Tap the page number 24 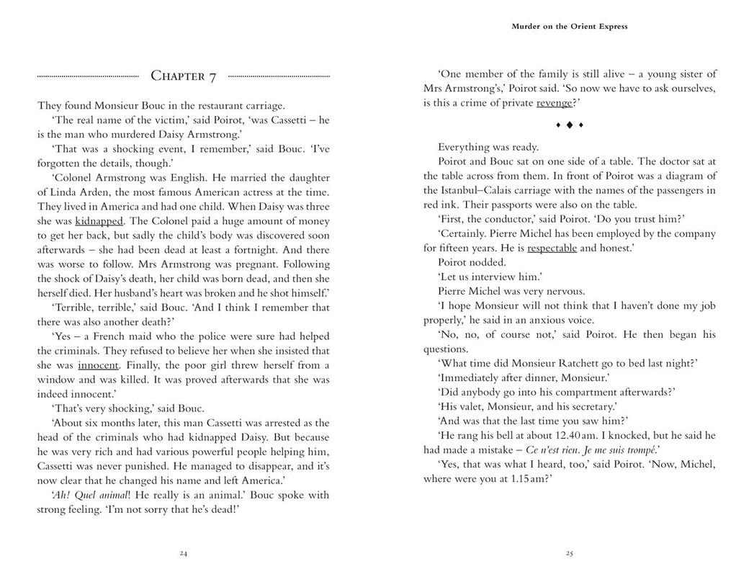(183, 553)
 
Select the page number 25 (569, 553)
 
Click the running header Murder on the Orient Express (569, 27)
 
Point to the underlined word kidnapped (99, 221)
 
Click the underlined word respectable (552, 248)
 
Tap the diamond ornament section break (569, 125)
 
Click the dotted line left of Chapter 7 (88, 76)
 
